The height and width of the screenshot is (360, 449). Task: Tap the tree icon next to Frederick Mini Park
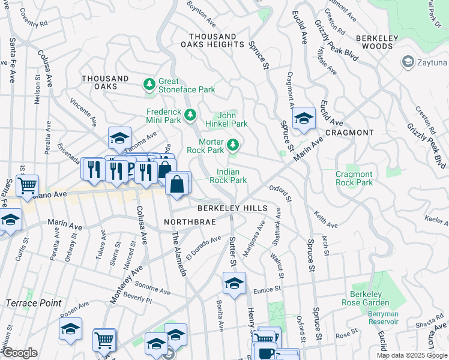point(190,113)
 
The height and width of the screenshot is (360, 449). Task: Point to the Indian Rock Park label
point(231,176)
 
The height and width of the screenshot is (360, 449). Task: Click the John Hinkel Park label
point(232,119)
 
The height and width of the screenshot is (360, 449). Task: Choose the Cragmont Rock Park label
point(354,178)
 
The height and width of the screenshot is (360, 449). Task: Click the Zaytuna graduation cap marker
point(408,62)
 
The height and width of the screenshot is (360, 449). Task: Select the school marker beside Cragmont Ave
point(304,118)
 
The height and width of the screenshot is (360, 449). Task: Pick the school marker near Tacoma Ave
point(119,137)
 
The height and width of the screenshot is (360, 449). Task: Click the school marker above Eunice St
point(234,282)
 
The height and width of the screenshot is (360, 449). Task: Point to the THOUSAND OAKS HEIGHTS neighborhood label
point(213,40)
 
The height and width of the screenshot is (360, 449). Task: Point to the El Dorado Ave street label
point(204,248)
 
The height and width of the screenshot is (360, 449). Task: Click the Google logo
point(20,353)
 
